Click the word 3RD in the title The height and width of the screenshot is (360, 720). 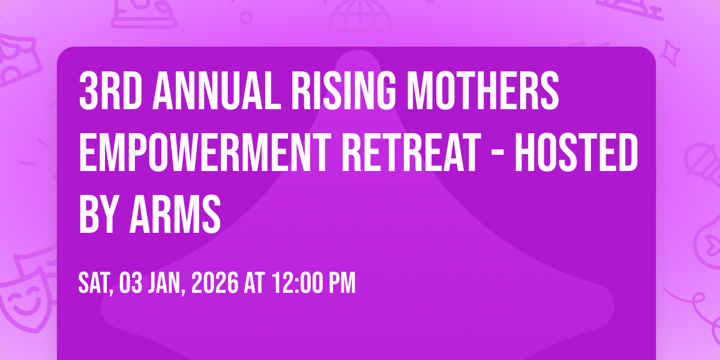tap(111, 91)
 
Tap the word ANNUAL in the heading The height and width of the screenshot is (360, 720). tap(217, 91)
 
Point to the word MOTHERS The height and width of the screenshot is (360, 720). tap(483, 91)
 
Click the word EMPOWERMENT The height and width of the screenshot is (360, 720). tap(205, 152)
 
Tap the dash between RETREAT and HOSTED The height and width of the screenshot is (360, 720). tap(498, 155)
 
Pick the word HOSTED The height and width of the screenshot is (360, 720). tap(577, 152)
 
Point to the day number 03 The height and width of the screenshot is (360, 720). tap(131, 283)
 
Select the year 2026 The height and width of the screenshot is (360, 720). tap(215, 283)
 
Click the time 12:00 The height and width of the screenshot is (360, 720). tap(298, 283)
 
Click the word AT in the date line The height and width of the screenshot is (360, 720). tap(254, 283)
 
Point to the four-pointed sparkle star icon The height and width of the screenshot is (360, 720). tap(670, 53)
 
